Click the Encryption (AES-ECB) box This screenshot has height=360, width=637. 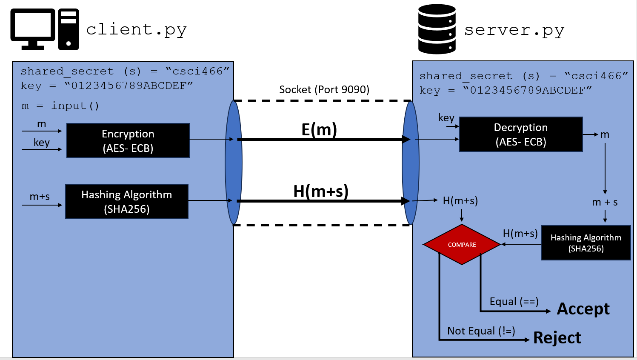pos(128,140)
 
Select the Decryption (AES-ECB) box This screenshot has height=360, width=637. pos(521,134)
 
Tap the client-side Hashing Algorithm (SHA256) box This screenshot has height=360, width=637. pos(127,202)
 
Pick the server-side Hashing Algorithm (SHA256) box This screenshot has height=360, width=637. pos(586,243)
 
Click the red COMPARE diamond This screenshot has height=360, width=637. pos(462,245)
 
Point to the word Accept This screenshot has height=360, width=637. pos(583,309)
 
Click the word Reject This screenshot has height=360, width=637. pos(557,338)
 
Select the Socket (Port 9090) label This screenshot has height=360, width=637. pos(324,90)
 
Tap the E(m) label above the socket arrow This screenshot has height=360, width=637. pos(319,129)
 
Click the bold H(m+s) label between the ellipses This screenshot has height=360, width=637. pos(321,191)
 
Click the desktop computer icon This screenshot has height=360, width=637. pos(44,29)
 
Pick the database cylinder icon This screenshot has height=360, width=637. pos(437,29)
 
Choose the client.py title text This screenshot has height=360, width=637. pos(136,30)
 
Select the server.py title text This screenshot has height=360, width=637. pos(514,30)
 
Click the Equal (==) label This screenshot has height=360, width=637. pos(514,302)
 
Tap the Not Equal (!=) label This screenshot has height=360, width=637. pos(481,331)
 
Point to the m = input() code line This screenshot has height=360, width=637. pos(60,106)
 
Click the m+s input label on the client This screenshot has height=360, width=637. pos(40,197)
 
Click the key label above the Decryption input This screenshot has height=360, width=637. pos(446,118)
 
